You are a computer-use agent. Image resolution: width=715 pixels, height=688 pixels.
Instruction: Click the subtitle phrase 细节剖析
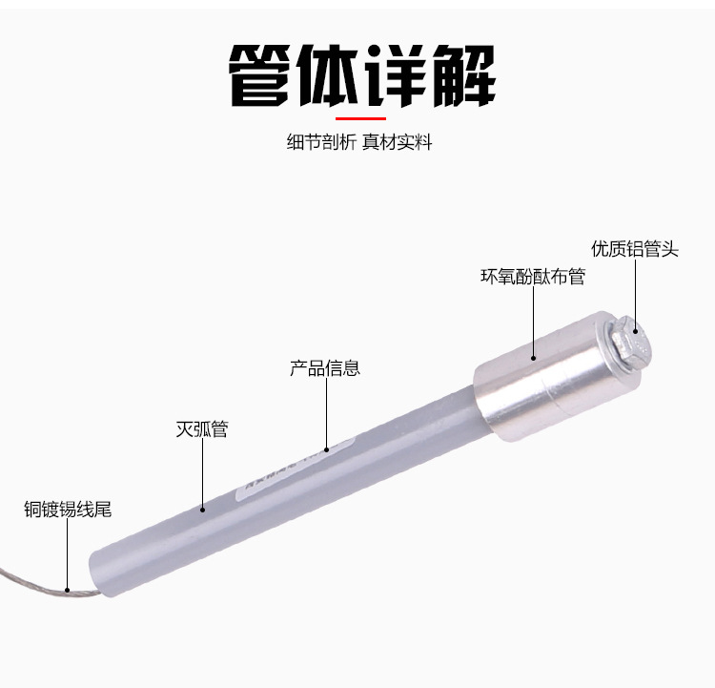pyautogui.click(x=321, y=143)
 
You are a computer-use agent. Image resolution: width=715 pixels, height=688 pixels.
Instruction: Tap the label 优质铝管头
pyautogui.click(x=635, y=249)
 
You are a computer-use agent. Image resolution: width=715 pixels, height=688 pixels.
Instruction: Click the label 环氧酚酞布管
pyautogui.click(x=532, y=277)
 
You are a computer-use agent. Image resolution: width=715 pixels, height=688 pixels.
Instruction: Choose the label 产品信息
pyautogui.click(x=325, y=367)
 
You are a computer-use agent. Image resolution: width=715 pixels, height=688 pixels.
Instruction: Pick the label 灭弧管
pyautogui.click(x=202, y=429)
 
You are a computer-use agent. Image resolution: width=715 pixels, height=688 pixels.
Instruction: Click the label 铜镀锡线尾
pyautogui.click(x=68, y=509)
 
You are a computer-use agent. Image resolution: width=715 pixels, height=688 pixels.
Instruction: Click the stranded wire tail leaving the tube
pyautogui.click(x=38, y=582)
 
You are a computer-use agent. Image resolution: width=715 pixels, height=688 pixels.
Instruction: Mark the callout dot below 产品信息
pyautogui.click(x=325, y=448)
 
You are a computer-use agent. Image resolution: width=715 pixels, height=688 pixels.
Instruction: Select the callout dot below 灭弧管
pyautogui.click(x=202, y=509)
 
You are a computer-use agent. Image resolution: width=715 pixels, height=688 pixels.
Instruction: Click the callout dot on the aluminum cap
pyautogui.click(x=533, y=357)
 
